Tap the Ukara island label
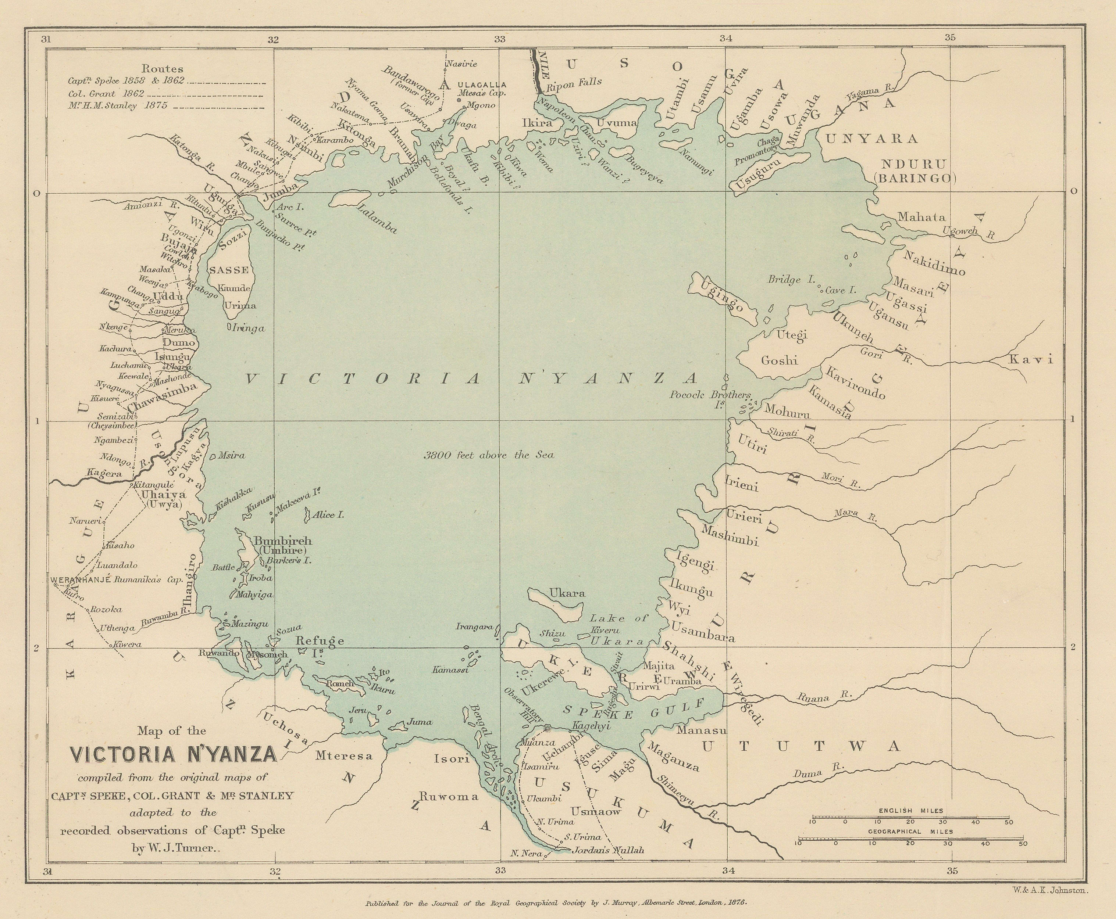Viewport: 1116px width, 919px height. pos(567,593)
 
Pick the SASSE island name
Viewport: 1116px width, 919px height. pos(229,270)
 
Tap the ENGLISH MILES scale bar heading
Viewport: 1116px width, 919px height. pos(910,811)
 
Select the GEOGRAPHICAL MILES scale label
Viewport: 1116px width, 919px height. pos(910,832)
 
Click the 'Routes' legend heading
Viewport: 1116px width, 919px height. pos(163,69)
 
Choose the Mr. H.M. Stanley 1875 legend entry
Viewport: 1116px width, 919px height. pos(118,105)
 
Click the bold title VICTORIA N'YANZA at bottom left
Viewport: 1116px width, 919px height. pos(174,754)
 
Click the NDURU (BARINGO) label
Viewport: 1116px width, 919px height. pos(916,170)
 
